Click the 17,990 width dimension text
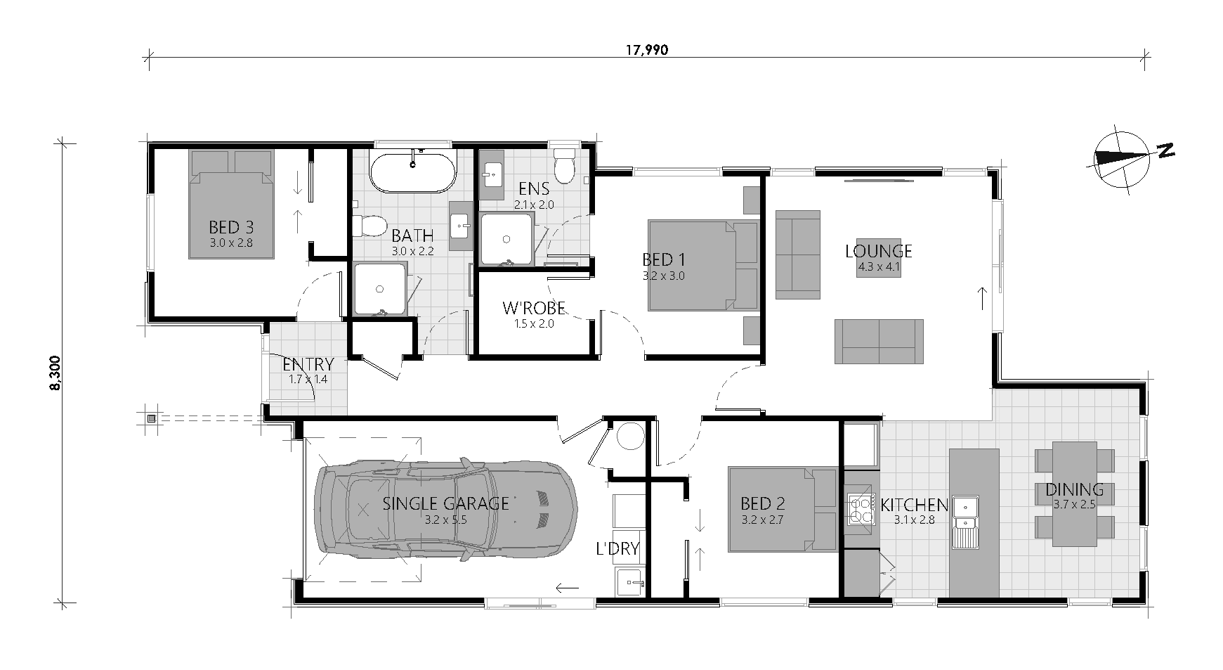point(647,50)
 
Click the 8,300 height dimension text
point(57,373)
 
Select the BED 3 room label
point(230,228)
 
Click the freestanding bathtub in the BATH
point(413,172)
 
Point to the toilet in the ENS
point(564,166)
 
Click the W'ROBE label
point(534,308)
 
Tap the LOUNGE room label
point(878,251)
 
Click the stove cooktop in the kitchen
point(861,510)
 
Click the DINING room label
point(1074,490)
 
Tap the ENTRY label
point(308,364)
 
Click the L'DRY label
point(617,548)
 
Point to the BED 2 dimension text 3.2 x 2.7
point(762,520)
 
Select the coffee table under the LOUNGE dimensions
point(878,257)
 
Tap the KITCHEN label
point(914,505)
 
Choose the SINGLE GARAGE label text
point(445,503)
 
